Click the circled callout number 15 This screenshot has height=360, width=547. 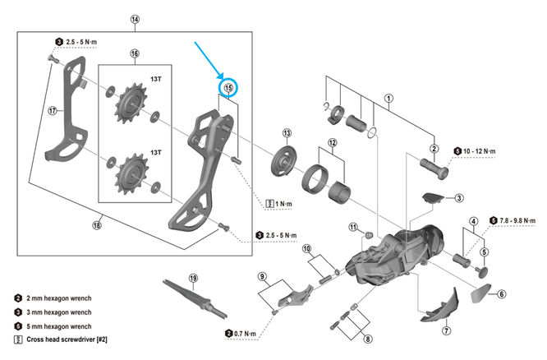(229, 87)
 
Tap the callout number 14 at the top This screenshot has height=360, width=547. (136, 19)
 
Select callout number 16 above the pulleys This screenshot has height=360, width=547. (135, 54)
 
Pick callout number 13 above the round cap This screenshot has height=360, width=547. (287, 133)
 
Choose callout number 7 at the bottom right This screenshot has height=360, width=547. (446, 330)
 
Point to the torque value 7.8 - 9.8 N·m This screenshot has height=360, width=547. (519, 220)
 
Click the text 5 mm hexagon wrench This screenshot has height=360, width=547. (57, 325)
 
